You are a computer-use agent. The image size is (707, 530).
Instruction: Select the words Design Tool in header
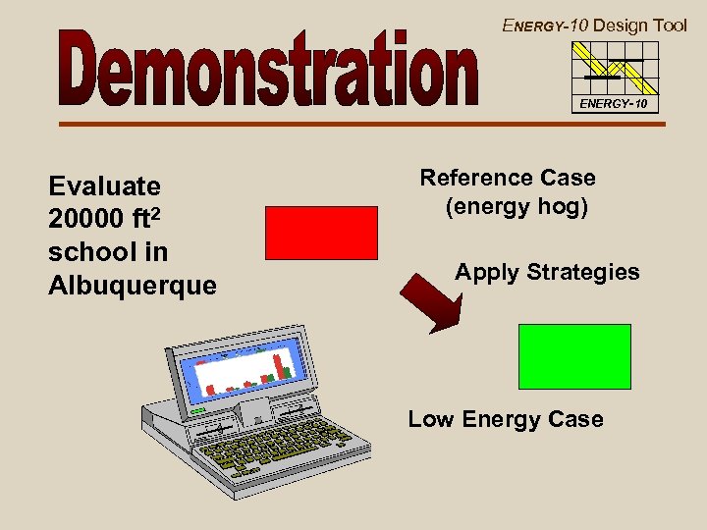640,26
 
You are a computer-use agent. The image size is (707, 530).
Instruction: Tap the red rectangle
321,233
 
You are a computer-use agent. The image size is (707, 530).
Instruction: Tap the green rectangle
574,356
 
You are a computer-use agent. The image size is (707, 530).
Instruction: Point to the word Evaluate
104,186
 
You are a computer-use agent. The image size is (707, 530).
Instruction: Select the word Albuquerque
132,285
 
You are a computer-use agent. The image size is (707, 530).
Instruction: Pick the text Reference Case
508,178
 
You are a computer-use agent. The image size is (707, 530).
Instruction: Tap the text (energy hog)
516,207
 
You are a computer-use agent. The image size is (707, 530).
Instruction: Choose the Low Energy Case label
506,419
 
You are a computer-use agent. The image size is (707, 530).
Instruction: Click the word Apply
488,272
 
